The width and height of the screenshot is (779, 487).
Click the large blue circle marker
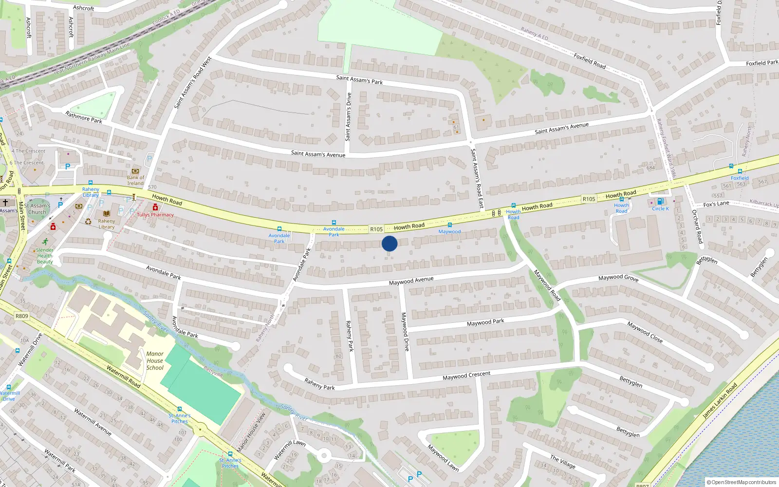tap(389, 243)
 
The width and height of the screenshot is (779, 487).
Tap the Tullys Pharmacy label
tap(155, 215)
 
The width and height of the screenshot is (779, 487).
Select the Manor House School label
tap(155, 361)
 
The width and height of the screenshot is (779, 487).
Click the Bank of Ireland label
tap(135, 180)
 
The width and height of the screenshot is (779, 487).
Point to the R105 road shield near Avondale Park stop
tap(376, 229)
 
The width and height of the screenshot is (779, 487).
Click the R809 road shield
tap(22, 316)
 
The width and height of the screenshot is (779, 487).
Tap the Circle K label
tap(660, 208)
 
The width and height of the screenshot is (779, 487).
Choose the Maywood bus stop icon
tap(450, 225)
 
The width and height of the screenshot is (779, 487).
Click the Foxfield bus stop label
tap(740, 178)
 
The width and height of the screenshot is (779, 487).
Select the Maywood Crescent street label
tap(466, 375)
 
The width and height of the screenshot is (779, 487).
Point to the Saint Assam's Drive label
tap(348, 117)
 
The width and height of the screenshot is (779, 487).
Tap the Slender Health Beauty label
tap(45, 256)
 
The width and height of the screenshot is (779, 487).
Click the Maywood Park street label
tap(485, 322)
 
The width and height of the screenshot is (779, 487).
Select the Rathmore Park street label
tap(84, 117)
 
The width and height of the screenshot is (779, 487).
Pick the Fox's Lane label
tap(716, 204)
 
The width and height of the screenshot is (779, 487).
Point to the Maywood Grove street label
tap(618, 278)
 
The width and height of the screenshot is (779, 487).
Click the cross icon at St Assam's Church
tap(5, 203)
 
